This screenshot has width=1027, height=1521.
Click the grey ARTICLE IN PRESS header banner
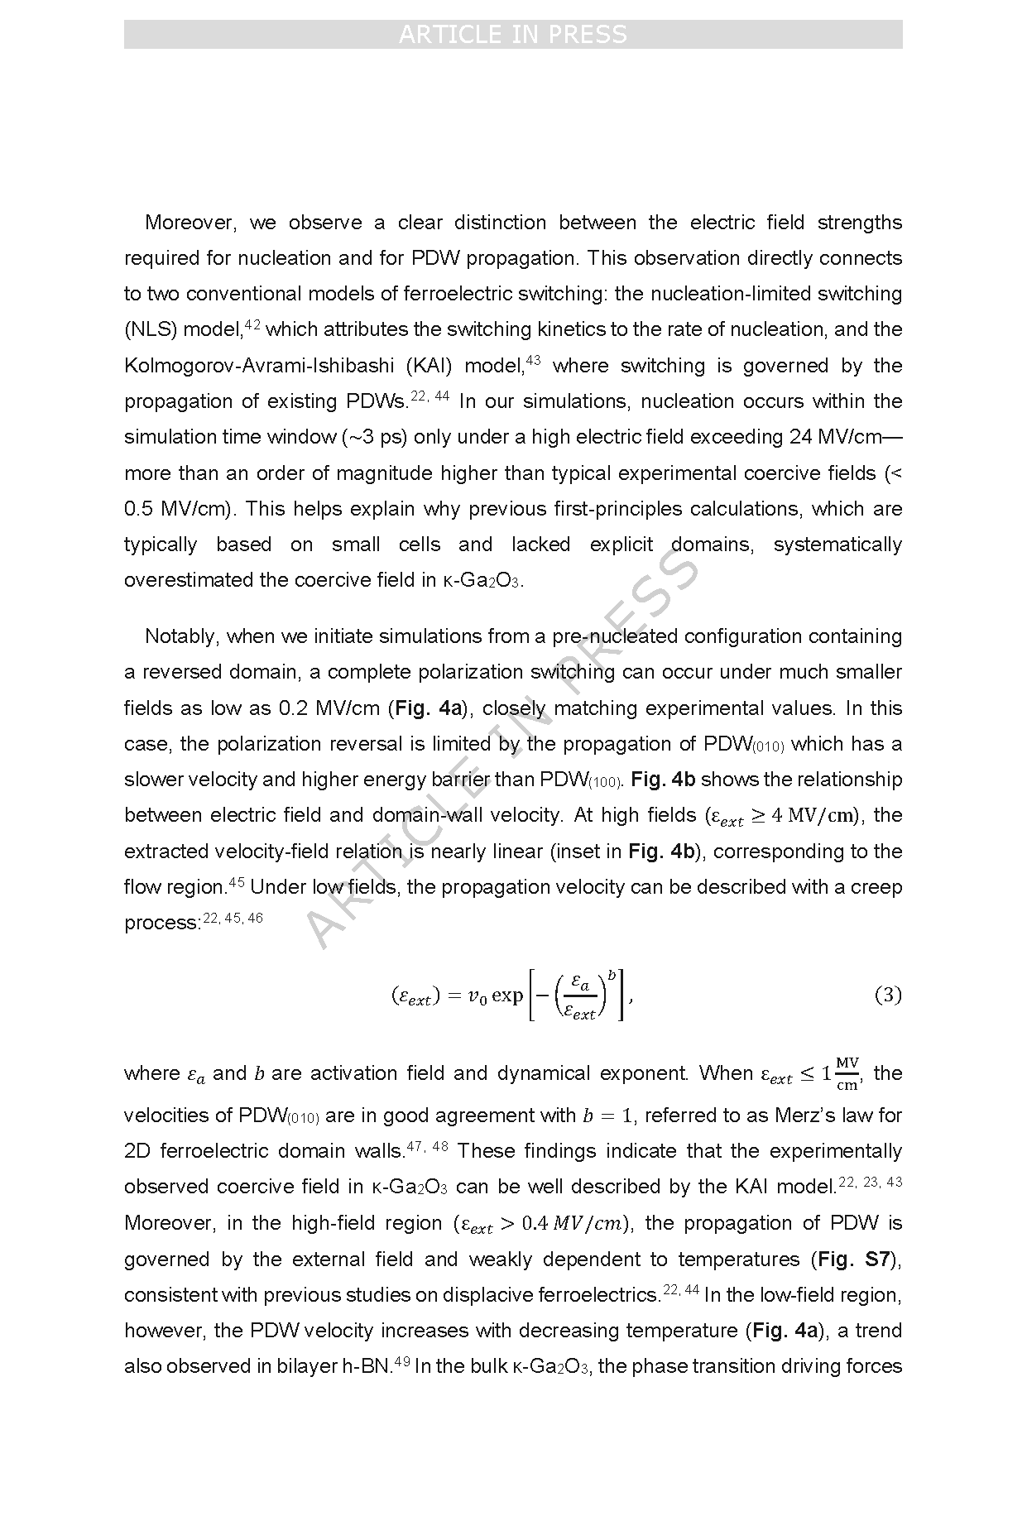click(513, 35)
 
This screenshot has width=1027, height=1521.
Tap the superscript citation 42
click(253, 324)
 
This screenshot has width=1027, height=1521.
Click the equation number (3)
click(887, 995)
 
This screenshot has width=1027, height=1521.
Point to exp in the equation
click(507, 996)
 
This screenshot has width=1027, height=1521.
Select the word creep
click(878, 887)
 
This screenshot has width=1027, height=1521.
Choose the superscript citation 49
click(402, 1360)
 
